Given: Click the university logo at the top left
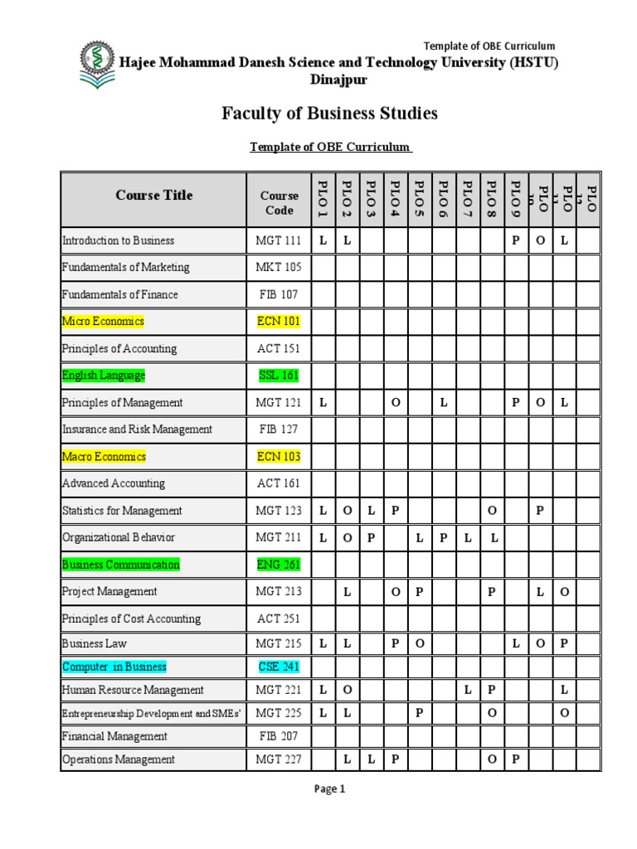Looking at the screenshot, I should (x=98, y=65).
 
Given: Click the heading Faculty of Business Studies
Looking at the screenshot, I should (x=329, y=114).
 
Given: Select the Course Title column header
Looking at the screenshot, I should (x=153, y=196).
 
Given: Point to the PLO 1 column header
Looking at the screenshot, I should (x=323, y=199).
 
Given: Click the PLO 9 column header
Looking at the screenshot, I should (x=516, y=199).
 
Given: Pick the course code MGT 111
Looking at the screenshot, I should (x=279, y=240).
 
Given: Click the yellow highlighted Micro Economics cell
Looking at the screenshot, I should (x=103, y=322).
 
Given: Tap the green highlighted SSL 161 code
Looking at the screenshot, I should (x=279, y=376).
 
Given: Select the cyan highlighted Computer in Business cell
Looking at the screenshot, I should (x=114, y=667).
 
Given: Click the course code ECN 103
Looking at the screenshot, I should (x=279, y=457).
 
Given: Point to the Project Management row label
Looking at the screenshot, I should (x=109, y=592).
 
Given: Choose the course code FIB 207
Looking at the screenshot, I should (x=279, y=736).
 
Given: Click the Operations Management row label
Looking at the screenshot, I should (x=119, y=759).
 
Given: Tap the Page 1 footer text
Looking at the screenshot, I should (x=329, y=789).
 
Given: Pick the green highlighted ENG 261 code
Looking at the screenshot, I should (x=279, y=565).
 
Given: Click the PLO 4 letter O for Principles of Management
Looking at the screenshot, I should (x=396, y=403).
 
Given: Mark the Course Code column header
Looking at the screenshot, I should (x=280, y=203).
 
